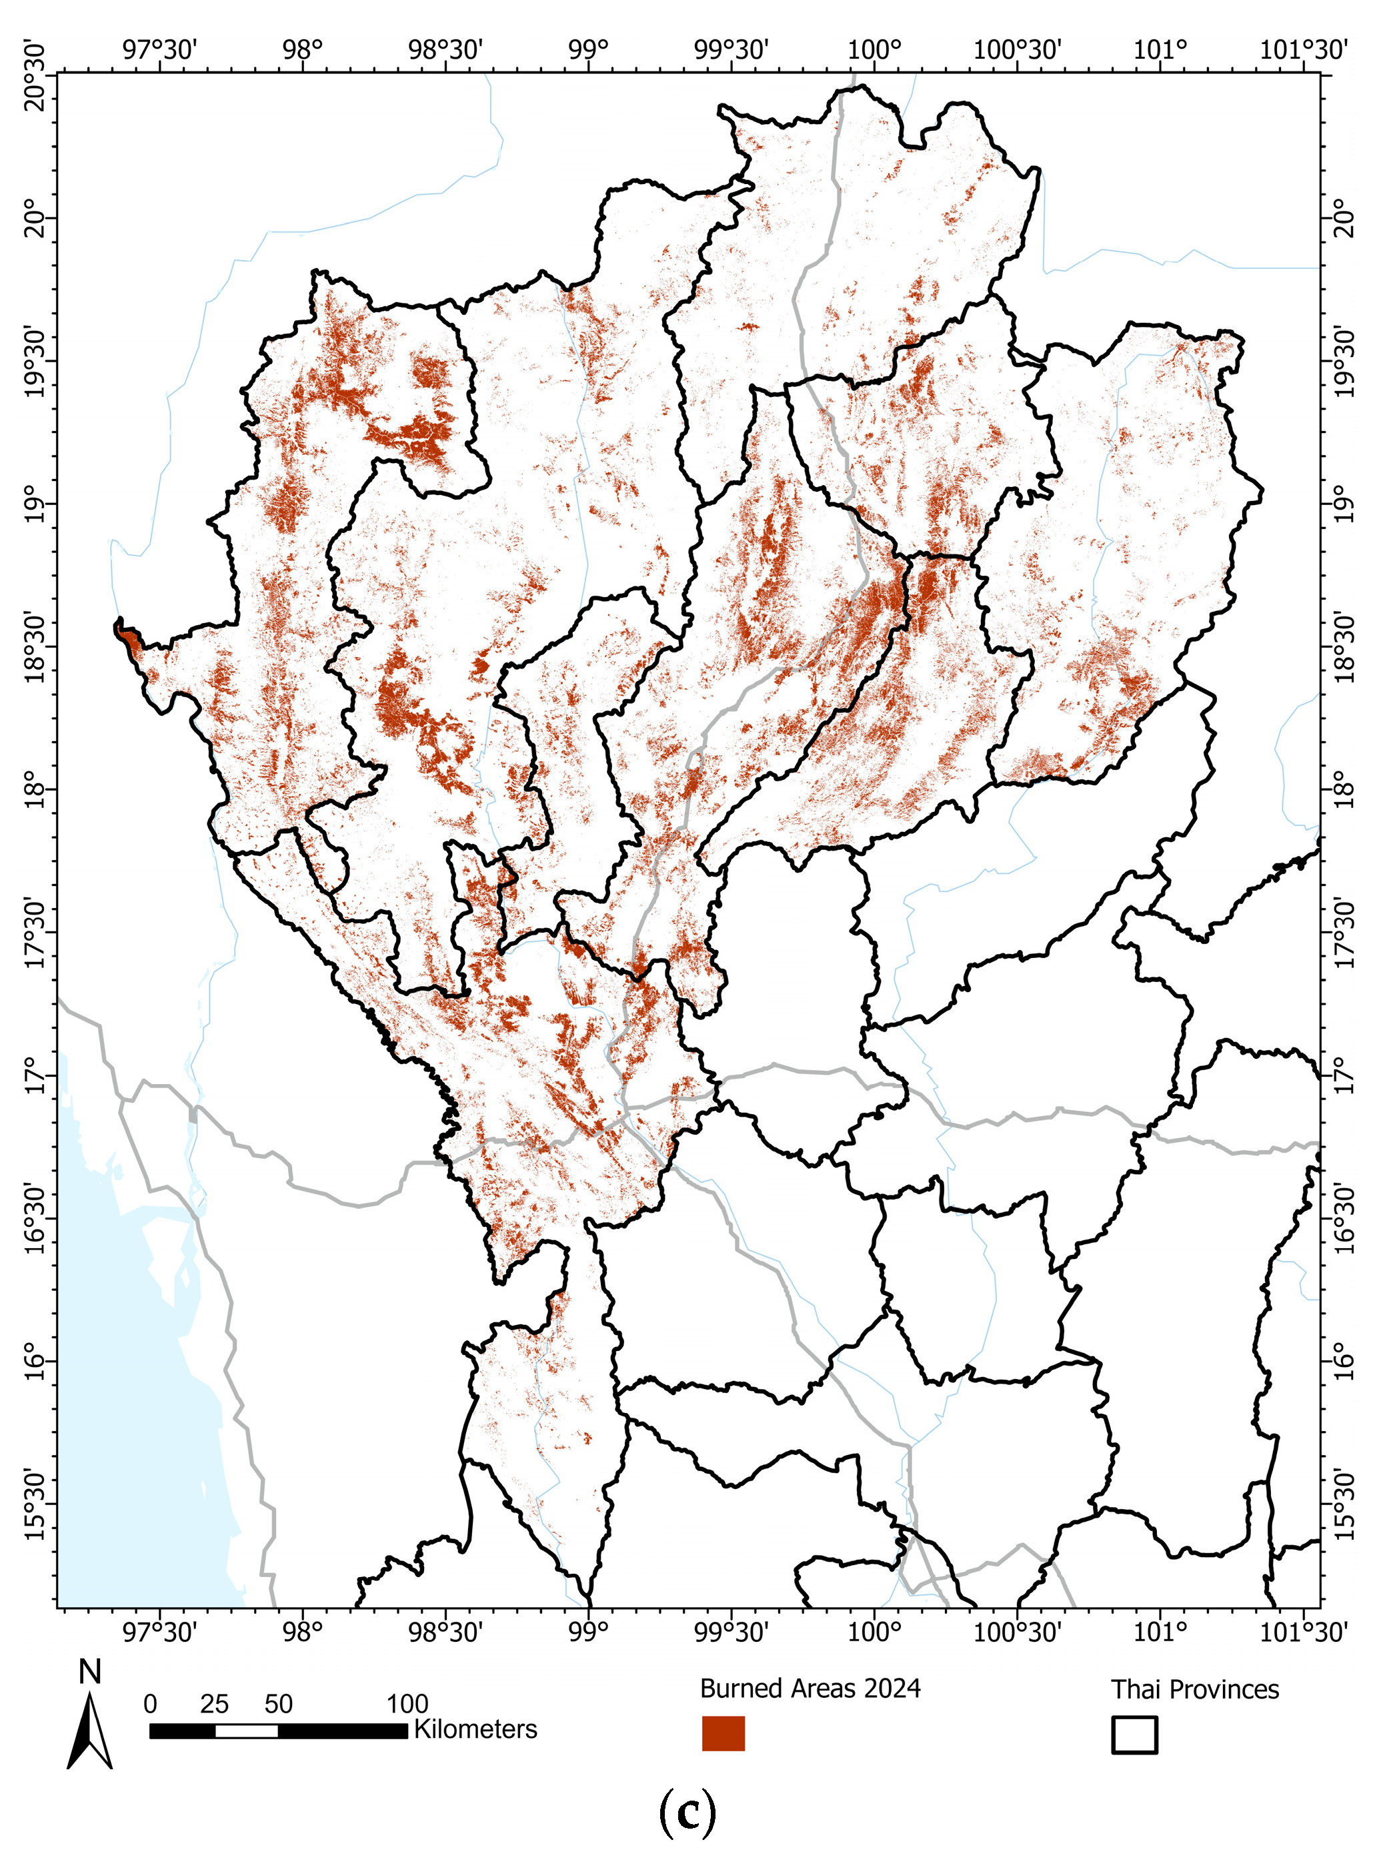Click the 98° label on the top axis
tap(302, 49)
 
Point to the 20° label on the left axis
tap(35, 218)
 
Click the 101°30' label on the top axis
tap(1303, 49)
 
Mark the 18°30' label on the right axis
tap(1343, 646)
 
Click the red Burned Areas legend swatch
tap(723, 1733)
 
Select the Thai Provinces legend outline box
tap(1134, 1734)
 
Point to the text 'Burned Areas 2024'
tap(810, 1688)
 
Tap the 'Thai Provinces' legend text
tap(1194, 1689)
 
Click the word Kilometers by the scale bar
tap(476, 1729)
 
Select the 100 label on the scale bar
tap(407, 1704)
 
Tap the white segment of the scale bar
tap(246, 1731)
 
